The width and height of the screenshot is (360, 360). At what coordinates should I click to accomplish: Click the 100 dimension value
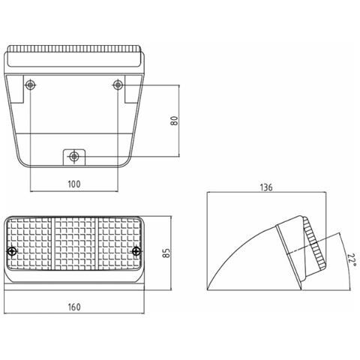(x=74, y=184)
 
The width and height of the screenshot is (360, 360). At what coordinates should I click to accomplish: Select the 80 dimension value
(x=175, y=121)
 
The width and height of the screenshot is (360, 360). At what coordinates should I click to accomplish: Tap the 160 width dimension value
(x=74, y=307)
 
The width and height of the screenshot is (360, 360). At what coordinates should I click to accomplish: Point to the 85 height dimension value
(x=166, y=253)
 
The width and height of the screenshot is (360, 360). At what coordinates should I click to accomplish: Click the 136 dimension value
(x=266, y=187)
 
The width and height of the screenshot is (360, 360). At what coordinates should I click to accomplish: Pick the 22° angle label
(x=352, y=260)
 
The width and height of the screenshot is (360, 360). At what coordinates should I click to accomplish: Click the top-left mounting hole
(x=30, y=85)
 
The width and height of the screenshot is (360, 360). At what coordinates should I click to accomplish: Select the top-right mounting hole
(x=118, y=85)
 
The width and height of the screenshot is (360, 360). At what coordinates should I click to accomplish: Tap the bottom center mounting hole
(x=73, y=157)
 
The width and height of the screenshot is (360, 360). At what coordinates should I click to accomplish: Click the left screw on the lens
(x=12, y=251)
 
